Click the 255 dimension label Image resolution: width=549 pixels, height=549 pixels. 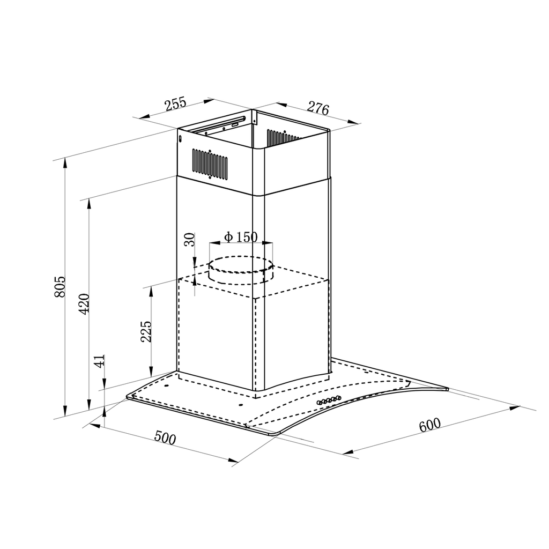point(176,103)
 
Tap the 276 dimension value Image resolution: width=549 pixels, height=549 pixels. point(318,108)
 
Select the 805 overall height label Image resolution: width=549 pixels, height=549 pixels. point(60,287)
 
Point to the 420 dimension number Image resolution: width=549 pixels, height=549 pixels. point(84,304)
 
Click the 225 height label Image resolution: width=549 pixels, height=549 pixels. point(146,331)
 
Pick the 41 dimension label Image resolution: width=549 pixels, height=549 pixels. point(100,361)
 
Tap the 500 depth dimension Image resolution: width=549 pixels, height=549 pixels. point(165,437)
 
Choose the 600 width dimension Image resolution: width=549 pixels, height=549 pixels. point(429,425)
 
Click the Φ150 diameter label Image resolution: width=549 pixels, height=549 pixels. point(241,237)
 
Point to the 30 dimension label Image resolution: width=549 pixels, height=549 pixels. point(189,240)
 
